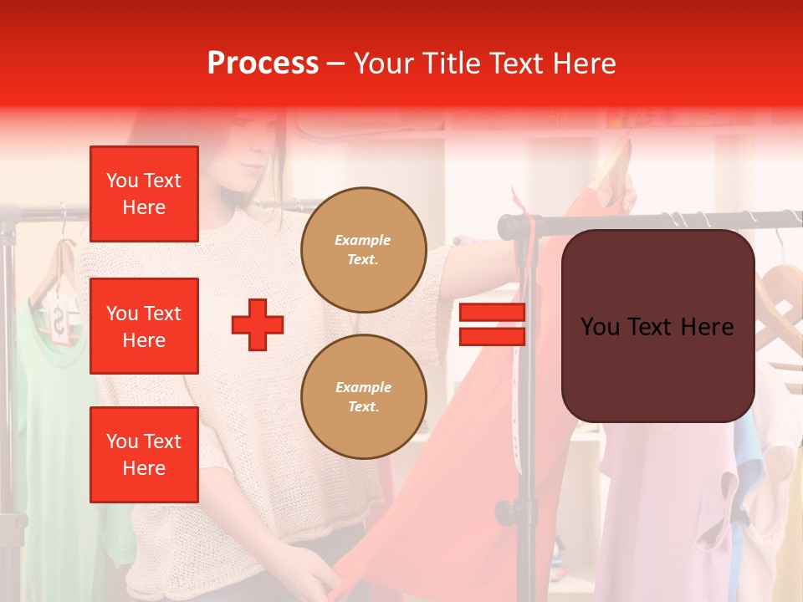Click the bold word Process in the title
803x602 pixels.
[x=263, y=64]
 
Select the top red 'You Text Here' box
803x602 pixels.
[x=144, y=194]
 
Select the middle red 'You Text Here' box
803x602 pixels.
[x=144, y=326]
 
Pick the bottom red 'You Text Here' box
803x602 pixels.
[x=144, y=454]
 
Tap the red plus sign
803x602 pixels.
[x=258, y=324]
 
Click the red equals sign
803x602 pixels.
[x=492, y=324]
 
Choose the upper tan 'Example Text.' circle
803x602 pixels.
[x=363, y=249]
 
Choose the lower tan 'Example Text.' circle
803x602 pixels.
[x=363, y=396]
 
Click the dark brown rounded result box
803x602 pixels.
[x=657, y=326]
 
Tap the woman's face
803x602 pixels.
[x=251, y=163]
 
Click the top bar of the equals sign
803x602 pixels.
[x=492, y=313]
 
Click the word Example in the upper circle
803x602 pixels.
[x=363, y=240]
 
